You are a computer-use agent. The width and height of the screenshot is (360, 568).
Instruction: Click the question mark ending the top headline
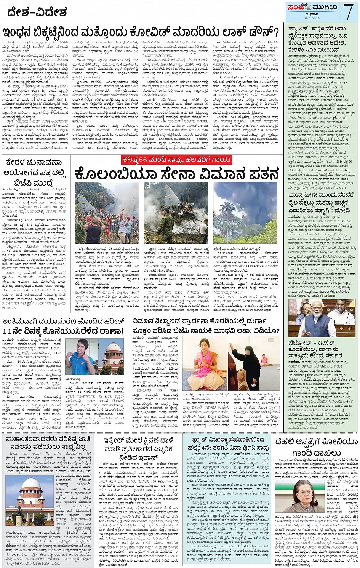tap(276, 31)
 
